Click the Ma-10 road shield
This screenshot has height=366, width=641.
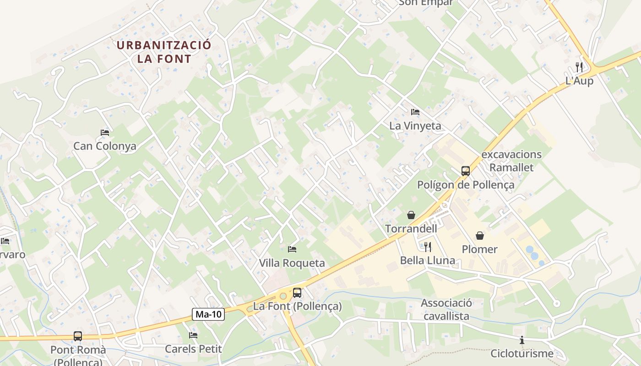coord(208,314)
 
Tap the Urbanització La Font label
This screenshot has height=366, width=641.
coord(164,52)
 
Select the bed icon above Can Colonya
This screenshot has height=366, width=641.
coord(105,133)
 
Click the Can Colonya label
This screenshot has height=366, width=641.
coord(105,146)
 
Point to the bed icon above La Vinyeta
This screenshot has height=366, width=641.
coord(415,112)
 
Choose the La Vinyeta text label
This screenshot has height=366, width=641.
coord(415,125)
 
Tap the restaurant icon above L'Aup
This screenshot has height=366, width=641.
coord(579,67)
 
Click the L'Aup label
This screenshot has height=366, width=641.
coord(579,81)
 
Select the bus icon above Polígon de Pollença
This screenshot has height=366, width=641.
coord(466,171)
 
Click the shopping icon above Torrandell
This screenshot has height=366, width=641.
coord(411,215)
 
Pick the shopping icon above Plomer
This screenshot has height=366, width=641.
coord(480,236)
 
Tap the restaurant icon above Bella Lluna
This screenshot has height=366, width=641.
coord(428,247)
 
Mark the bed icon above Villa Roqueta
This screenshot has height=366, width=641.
coord(292,249)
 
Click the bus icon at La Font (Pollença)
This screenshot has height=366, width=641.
coord(297,293)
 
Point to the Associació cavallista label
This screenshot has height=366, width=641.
coord(446,309)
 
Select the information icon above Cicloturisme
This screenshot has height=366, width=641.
coord(522,340)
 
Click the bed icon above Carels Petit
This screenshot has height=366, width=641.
coord(193,335)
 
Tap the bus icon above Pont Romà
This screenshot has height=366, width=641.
coord(78,336)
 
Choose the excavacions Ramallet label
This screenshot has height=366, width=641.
coord(511,161)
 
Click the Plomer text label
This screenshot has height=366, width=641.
coord(479,249)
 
